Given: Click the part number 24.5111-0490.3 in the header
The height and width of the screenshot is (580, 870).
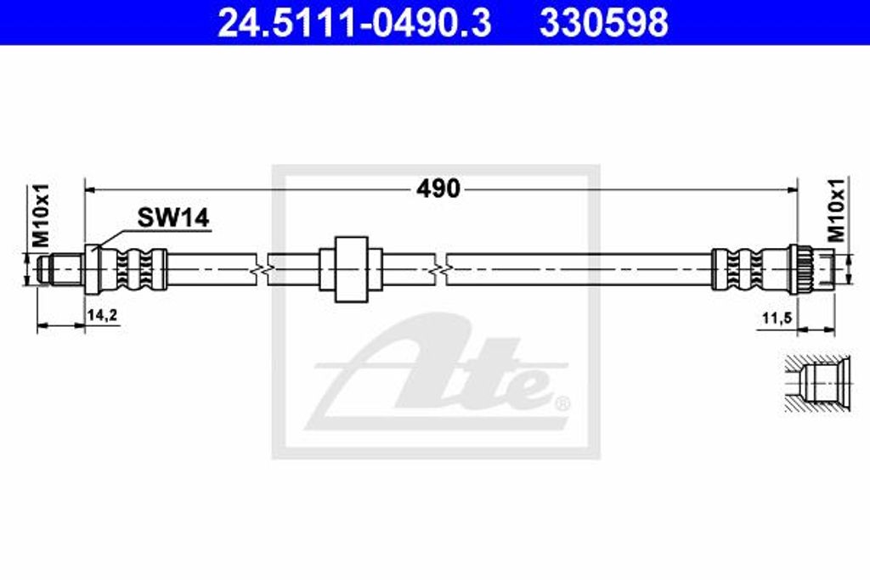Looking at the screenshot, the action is click(354, 23).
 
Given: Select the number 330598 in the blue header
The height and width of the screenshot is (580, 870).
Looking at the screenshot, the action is click(604, 23).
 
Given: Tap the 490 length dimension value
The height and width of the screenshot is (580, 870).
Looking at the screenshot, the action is click(438, 189).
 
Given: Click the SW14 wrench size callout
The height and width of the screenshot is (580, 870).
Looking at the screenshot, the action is click(173, 218).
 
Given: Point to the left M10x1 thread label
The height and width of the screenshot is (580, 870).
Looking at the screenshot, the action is click(41, 216).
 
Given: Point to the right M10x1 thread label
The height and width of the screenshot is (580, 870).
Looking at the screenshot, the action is click(837, 210).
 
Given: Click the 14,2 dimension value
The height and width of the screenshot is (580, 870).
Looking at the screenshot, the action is click(102, 316).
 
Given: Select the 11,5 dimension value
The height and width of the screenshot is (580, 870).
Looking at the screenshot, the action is click(777, 318).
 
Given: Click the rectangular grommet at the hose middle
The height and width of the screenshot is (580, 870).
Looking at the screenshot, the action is click(351, 269).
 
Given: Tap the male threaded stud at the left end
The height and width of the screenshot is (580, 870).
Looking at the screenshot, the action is click(60, 269).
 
